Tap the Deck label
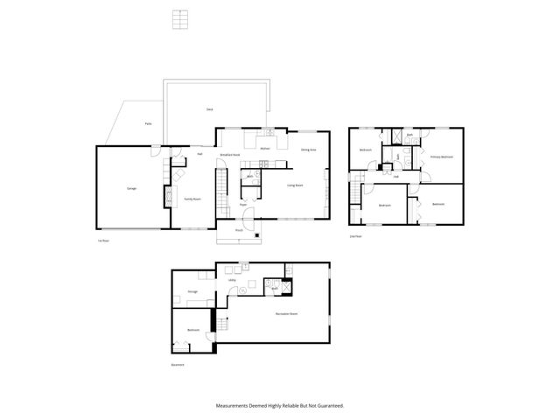[210, 109]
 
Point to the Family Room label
[192, 199]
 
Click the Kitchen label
[265, 150]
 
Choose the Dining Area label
[308, 150]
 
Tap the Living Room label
[295, 185]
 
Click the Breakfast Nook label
[230, 155]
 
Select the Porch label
[239, 230]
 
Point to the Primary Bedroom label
[441, 157]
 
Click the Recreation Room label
[286, 313]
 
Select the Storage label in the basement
[192, 291]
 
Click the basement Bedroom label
[192, 330]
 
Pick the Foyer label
[244, 205]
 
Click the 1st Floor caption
[103, 241]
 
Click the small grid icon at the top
[181, 19]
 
